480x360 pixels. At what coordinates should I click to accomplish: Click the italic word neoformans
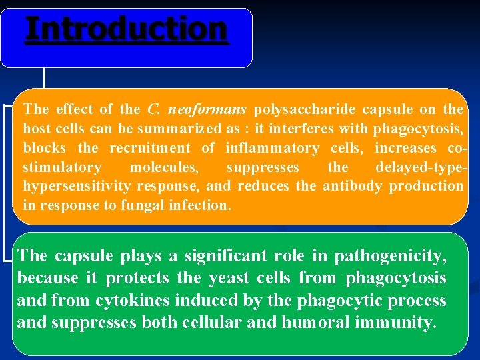(x=207, y=109)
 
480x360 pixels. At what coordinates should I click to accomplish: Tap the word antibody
(x=350, y=186)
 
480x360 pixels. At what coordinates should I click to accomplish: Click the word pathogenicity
(x=390, y=256)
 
